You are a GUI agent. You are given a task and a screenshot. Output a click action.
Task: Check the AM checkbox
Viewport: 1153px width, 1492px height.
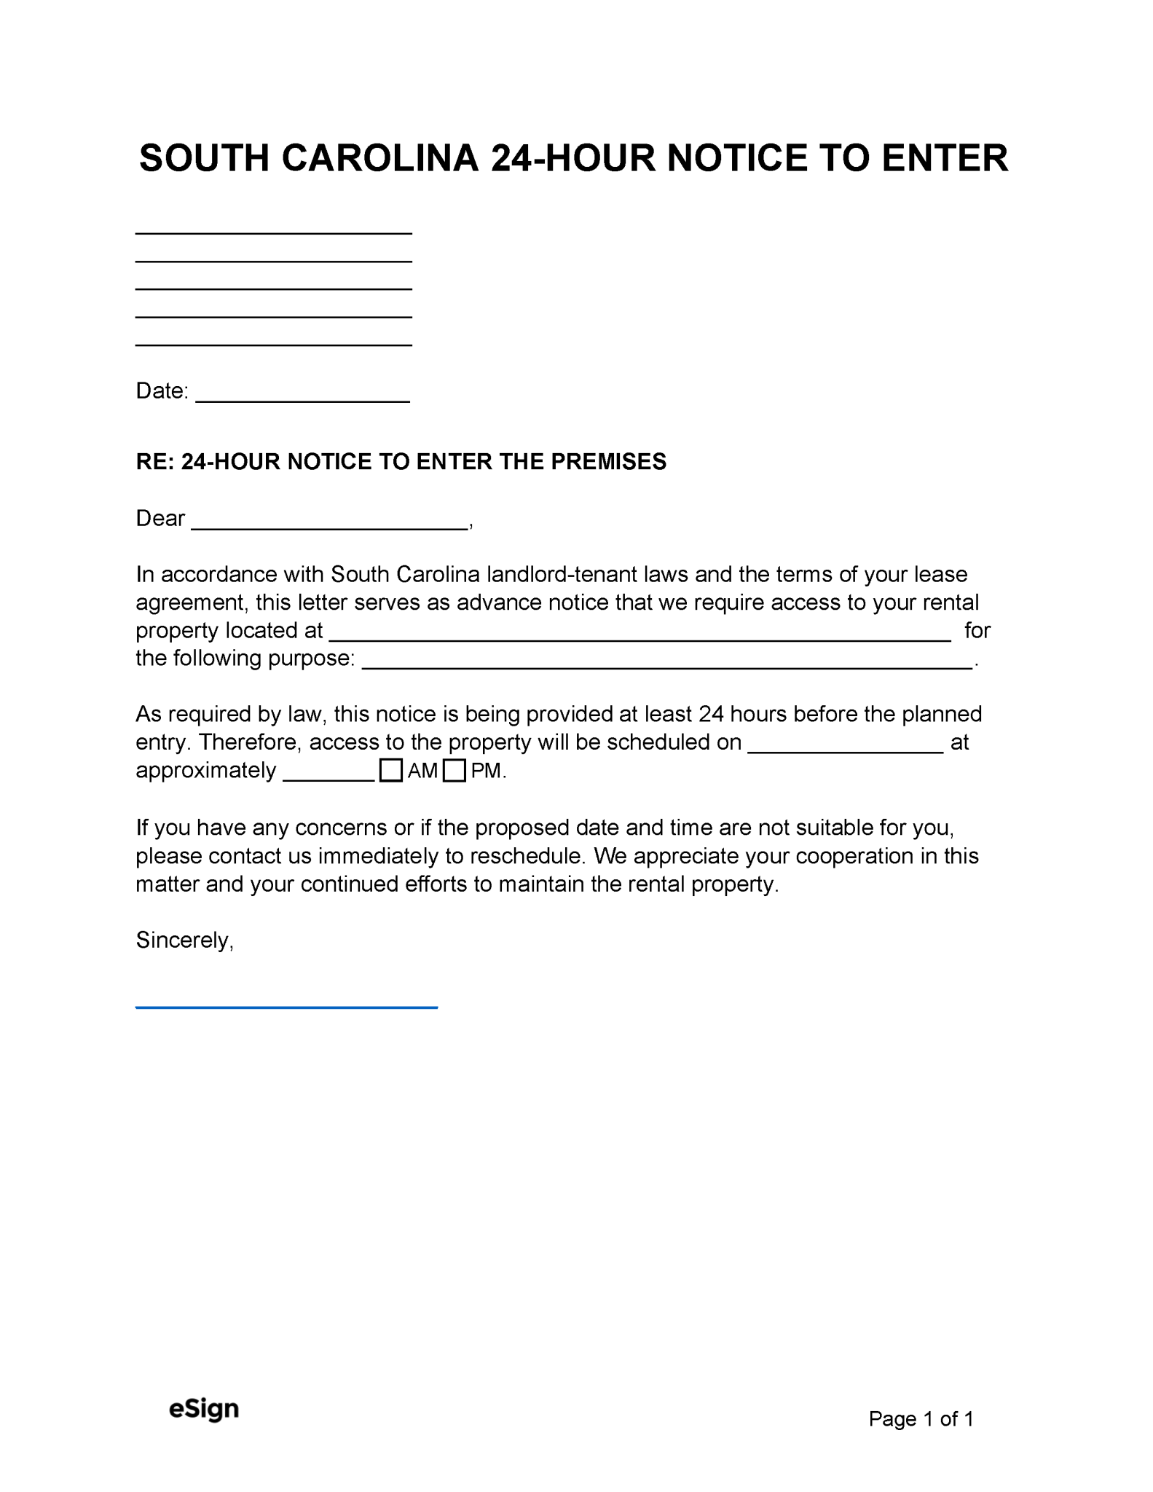[x=391, y=770]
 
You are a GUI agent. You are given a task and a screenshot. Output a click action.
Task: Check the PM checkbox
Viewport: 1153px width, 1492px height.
[x=454, y=770]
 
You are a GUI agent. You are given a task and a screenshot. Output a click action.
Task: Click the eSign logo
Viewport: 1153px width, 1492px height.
[x=204, y=1408]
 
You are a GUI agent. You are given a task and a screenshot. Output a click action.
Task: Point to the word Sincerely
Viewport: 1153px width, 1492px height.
[x=184, y=940]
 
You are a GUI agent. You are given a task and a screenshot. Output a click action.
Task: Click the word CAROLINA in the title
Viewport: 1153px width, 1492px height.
[x=379, y=158]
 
